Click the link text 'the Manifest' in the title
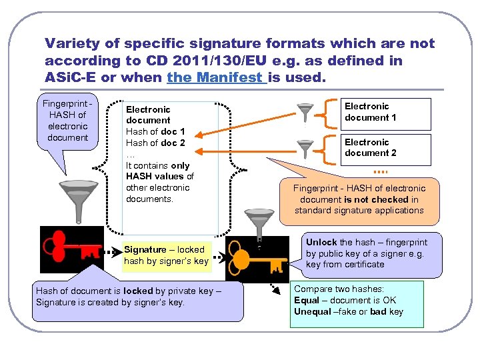(x=216, y=77)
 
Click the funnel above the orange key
(x=257, y=219)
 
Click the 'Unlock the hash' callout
(x=367, y=253)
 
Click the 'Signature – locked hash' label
(x=166, y=255)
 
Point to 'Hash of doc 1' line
(x=155, y=132)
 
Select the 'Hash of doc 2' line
(x=155, y=143)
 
